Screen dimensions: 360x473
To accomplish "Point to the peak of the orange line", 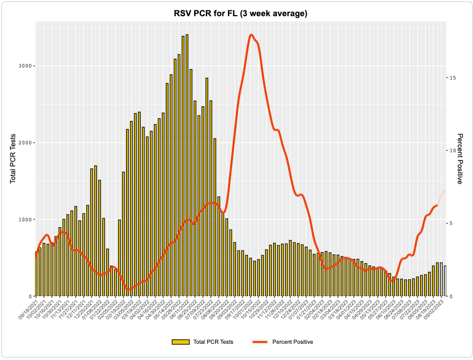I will [x=252, y=35].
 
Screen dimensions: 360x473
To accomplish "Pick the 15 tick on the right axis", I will [x=453, y=77].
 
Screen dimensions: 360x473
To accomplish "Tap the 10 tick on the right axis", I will [x=453, y=151].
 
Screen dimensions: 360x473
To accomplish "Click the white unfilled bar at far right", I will [x=445, y=281].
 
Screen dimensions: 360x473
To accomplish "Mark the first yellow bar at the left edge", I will [x=36, y=274].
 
